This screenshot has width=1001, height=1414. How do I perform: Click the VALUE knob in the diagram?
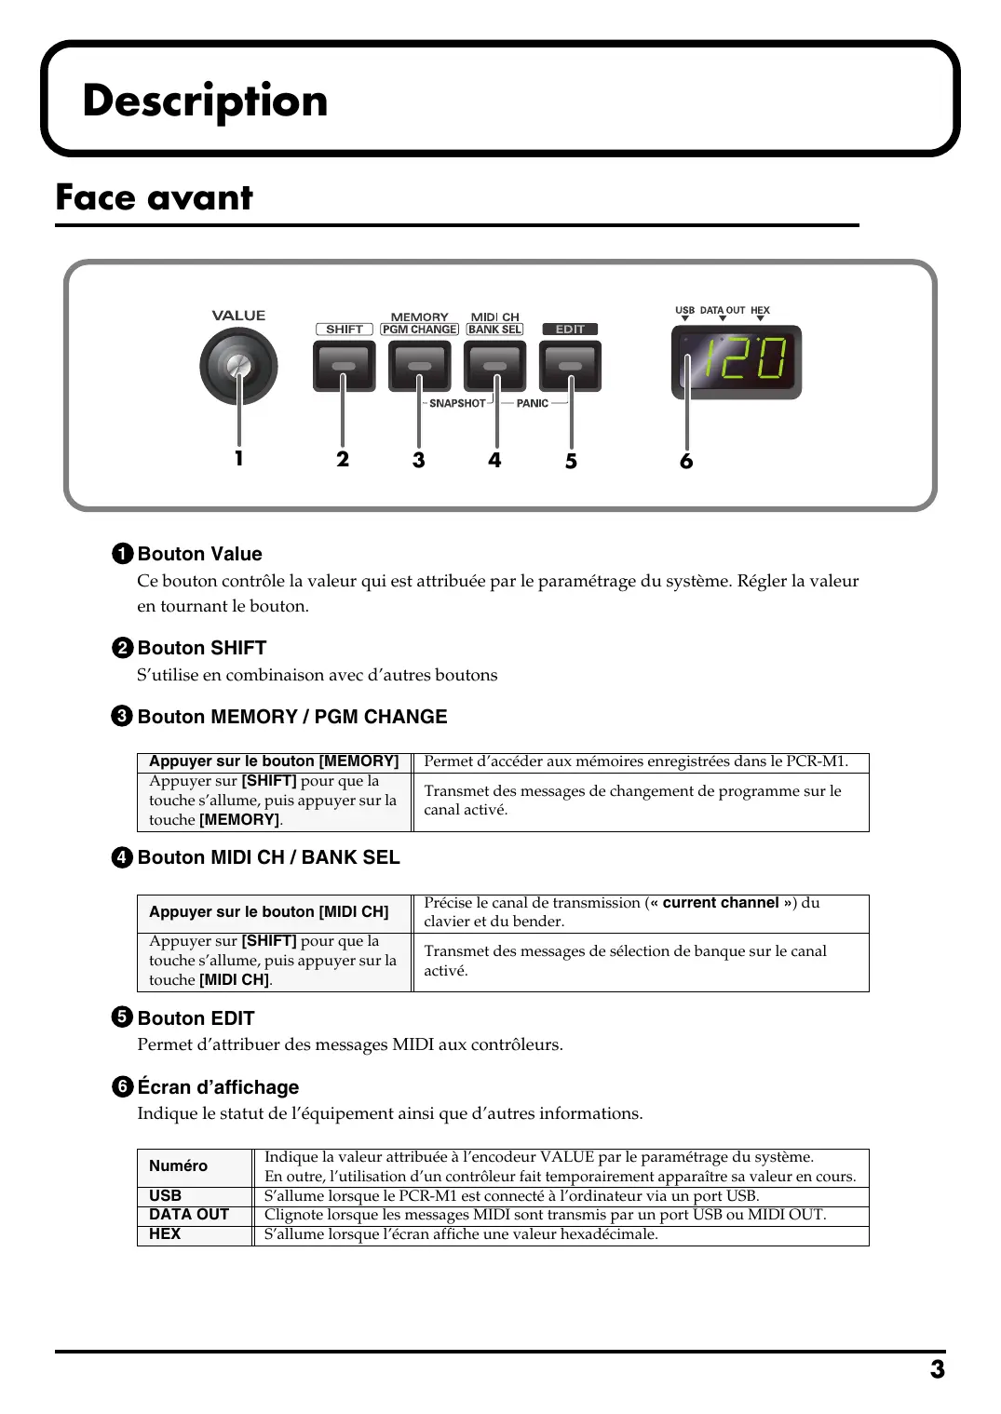238,366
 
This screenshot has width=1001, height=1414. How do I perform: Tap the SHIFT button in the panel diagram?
344,366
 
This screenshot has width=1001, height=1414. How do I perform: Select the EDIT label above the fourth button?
570,330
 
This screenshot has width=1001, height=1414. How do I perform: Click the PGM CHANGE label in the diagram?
420,330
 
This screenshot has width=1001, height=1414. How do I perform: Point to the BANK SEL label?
494,330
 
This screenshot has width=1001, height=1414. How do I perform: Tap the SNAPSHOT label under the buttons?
457,404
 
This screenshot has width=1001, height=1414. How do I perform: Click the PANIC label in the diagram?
532,404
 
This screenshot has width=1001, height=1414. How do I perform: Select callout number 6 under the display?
686,462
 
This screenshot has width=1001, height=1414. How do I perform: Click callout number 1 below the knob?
238,458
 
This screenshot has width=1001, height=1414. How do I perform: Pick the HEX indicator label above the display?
760,311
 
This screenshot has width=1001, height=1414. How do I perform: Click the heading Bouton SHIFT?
201,648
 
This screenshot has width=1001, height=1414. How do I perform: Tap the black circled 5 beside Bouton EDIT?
122,1017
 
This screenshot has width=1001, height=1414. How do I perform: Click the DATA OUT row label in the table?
189,1215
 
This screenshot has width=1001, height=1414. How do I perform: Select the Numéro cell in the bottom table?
178,1166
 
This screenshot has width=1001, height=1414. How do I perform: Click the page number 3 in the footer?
937,1369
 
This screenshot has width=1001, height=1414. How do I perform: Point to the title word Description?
205,101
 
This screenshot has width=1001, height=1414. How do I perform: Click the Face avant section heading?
155,197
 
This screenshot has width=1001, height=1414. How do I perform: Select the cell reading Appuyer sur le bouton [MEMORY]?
274,761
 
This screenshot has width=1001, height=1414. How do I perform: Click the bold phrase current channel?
720,903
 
